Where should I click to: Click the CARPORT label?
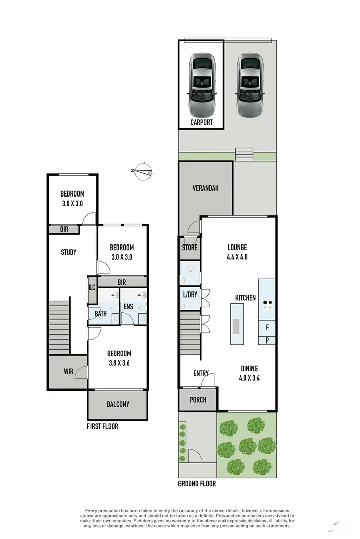pyautogui.click(x=201, y=122)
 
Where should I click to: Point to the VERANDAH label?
pyautogui.click(x=205, y=188)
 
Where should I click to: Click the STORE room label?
pyautogui.click(x=190, y=248)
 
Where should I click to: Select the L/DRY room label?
pyautogui.click(x=190, y=294)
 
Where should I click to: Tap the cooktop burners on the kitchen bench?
pyautogui.click(x=267, y=304)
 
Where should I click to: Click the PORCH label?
pyautogui.click(x=198, y=400)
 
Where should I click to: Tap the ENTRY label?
pyautogui.click(x=201, y=373)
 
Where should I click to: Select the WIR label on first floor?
pyautogui.click(x=68, y=372)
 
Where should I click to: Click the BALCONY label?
pyautogui.click(x=118, y=404)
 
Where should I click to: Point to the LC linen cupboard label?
pyautogui.click(x=92, y=288)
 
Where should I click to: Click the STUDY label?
pyautogui.click(x=68, y=252)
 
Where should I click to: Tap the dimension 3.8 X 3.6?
pyautogui.click(x=119, y=362)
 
